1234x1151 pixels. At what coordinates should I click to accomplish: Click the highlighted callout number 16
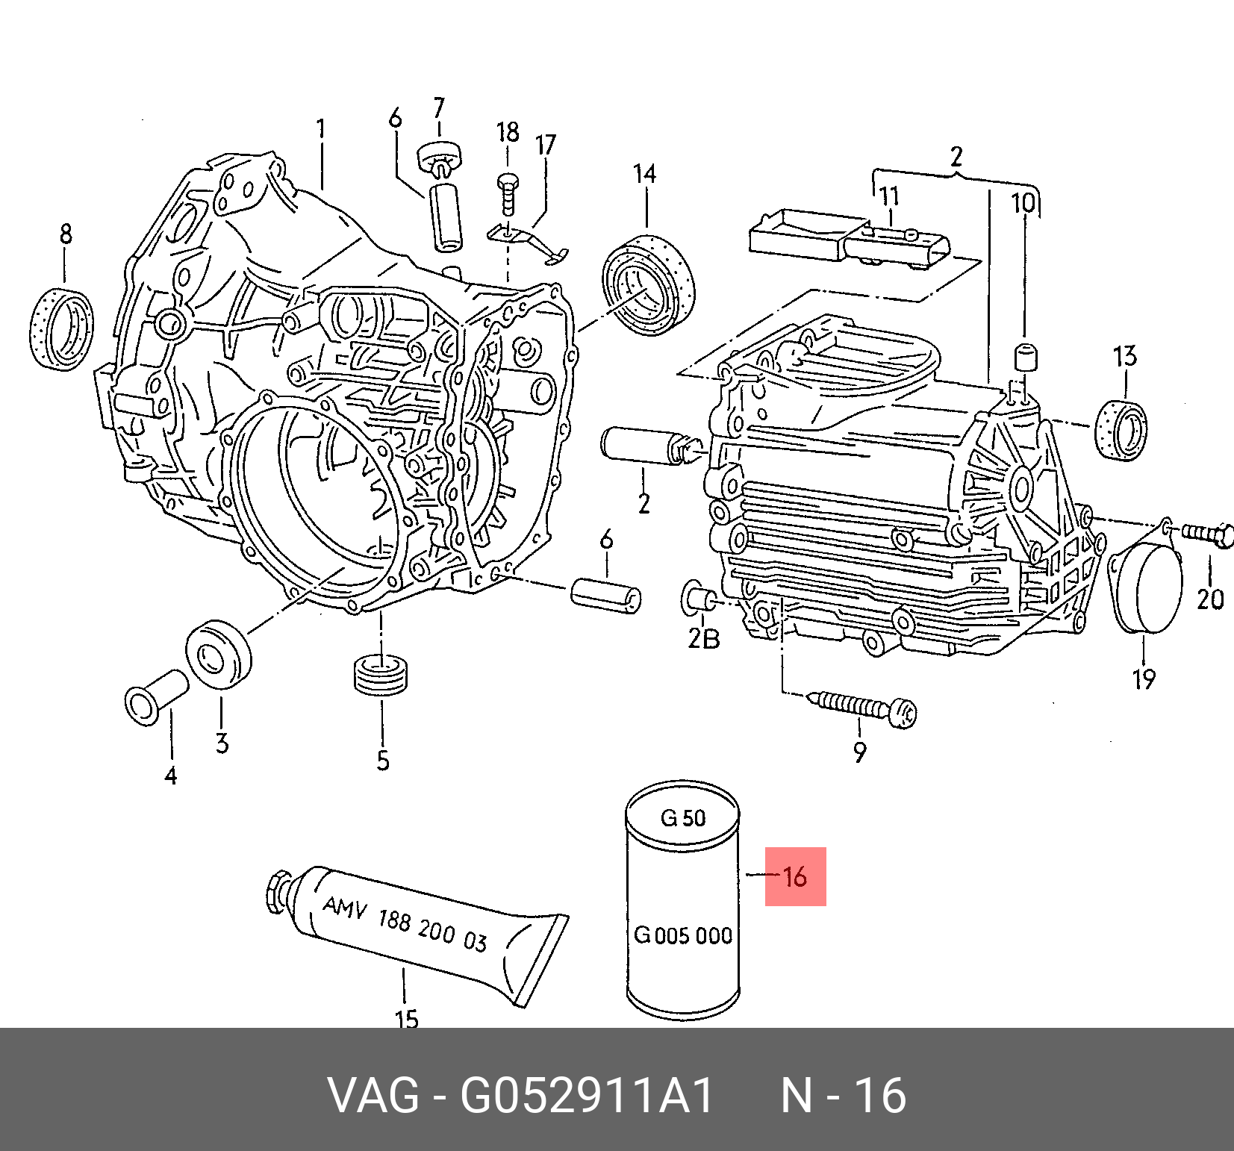795,876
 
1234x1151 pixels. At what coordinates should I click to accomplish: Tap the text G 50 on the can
682,818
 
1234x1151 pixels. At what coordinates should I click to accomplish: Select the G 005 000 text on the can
682,935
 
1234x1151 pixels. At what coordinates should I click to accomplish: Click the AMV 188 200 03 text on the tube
405,924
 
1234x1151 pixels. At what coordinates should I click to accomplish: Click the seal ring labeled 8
62,329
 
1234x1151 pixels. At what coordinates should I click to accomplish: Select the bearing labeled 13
1121,430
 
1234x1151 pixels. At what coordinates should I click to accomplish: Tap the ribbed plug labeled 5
381,673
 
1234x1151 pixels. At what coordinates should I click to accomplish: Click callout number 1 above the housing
321,129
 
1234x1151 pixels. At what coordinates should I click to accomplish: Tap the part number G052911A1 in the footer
587,1095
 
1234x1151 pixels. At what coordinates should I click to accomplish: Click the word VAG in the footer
373,1095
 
